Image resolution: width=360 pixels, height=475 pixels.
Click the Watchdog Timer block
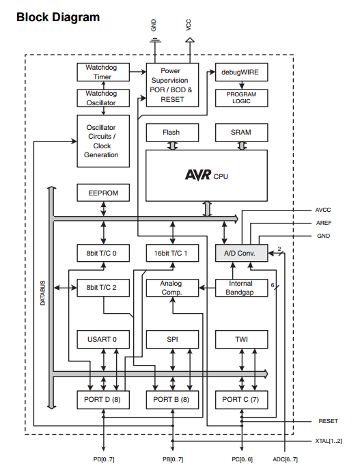coord(103,72)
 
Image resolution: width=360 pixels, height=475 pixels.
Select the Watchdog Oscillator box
coord(103,98)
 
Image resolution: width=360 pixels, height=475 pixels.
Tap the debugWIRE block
coord(242,72)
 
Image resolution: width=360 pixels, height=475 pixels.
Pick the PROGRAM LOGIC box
coord(242,98)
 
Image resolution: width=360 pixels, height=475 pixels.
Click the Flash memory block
coord(172,133)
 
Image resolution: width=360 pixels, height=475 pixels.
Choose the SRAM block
coord(242,133)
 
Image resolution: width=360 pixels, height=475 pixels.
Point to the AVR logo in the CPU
coord(198,175)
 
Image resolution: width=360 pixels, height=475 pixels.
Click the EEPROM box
coord(103,193)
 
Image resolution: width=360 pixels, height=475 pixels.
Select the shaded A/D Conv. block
coord(242,253)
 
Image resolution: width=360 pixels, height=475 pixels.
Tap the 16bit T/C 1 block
coord(172,253)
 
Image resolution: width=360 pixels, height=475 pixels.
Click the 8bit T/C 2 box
coord(103,288)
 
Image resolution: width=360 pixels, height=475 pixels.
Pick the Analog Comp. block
coord(172,288)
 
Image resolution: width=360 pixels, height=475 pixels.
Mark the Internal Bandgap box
coord(242,288)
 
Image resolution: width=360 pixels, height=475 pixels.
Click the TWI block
coord(242,339)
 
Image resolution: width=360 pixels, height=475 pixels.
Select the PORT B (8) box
coord(172,400)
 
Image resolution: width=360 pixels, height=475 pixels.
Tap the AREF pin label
coord(324,223)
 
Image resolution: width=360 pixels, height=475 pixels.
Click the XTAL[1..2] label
coord(329,441)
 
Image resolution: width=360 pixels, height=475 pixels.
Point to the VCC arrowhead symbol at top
coord(190,40)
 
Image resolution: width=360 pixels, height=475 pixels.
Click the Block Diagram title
coord(58,17)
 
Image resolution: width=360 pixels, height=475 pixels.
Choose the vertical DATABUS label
coord(42,293)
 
